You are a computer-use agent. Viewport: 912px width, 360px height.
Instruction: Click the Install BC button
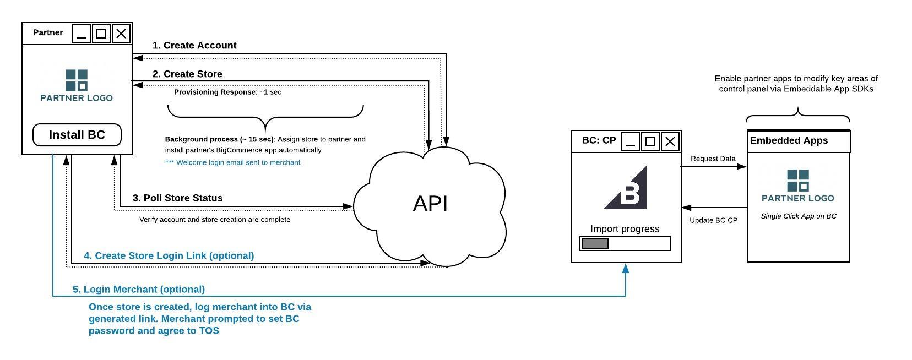click(77, 135)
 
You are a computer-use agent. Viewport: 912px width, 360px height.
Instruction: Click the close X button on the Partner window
click(121, 34)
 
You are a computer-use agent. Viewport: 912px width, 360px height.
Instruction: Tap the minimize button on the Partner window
click(82, 34)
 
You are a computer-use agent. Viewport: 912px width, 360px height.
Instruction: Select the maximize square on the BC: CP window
click(650, 141)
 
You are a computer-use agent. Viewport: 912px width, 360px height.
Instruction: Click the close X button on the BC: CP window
click(670, 141)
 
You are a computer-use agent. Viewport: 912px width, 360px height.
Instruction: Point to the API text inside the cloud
click(430, 204)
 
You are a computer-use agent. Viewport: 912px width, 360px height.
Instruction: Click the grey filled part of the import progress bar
click(595, 243)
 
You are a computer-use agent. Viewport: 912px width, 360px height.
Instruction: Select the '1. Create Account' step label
click(194, 46)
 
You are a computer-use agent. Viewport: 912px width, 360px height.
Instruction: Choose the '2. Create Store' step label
click(187, 74)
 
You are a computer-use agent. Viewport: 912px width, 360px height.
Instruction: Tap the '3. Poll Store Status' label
click(177, 198)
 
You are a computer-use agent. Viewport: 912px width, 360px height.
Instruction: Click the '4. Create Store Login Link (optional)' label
click(169, 255)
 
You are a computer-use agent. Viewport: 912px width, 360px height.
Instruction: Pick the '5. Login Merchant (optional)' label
click(138, 290)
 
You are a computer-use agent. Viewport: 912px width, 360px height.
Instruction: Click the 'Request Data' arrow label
click(713, 159)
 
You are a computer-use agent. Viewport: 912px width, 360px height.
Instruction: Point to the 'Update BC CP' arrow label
click(713, 220)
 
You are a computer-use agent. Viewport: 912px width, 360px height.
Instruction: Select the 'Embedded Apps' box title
click(789, 140)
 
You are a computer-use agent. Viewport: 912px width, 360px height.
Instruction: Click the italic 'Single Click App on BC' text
click(798, 216)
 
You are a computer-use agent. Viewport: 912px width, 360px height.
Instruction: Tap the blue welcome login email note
click(232, 162)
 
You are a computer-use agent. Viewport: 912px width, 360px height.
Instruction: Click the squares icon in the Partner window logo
click(77, 80)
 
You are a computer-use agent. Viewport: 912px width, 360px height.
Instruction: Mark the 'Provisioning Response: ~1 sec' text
click(227, 92)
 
